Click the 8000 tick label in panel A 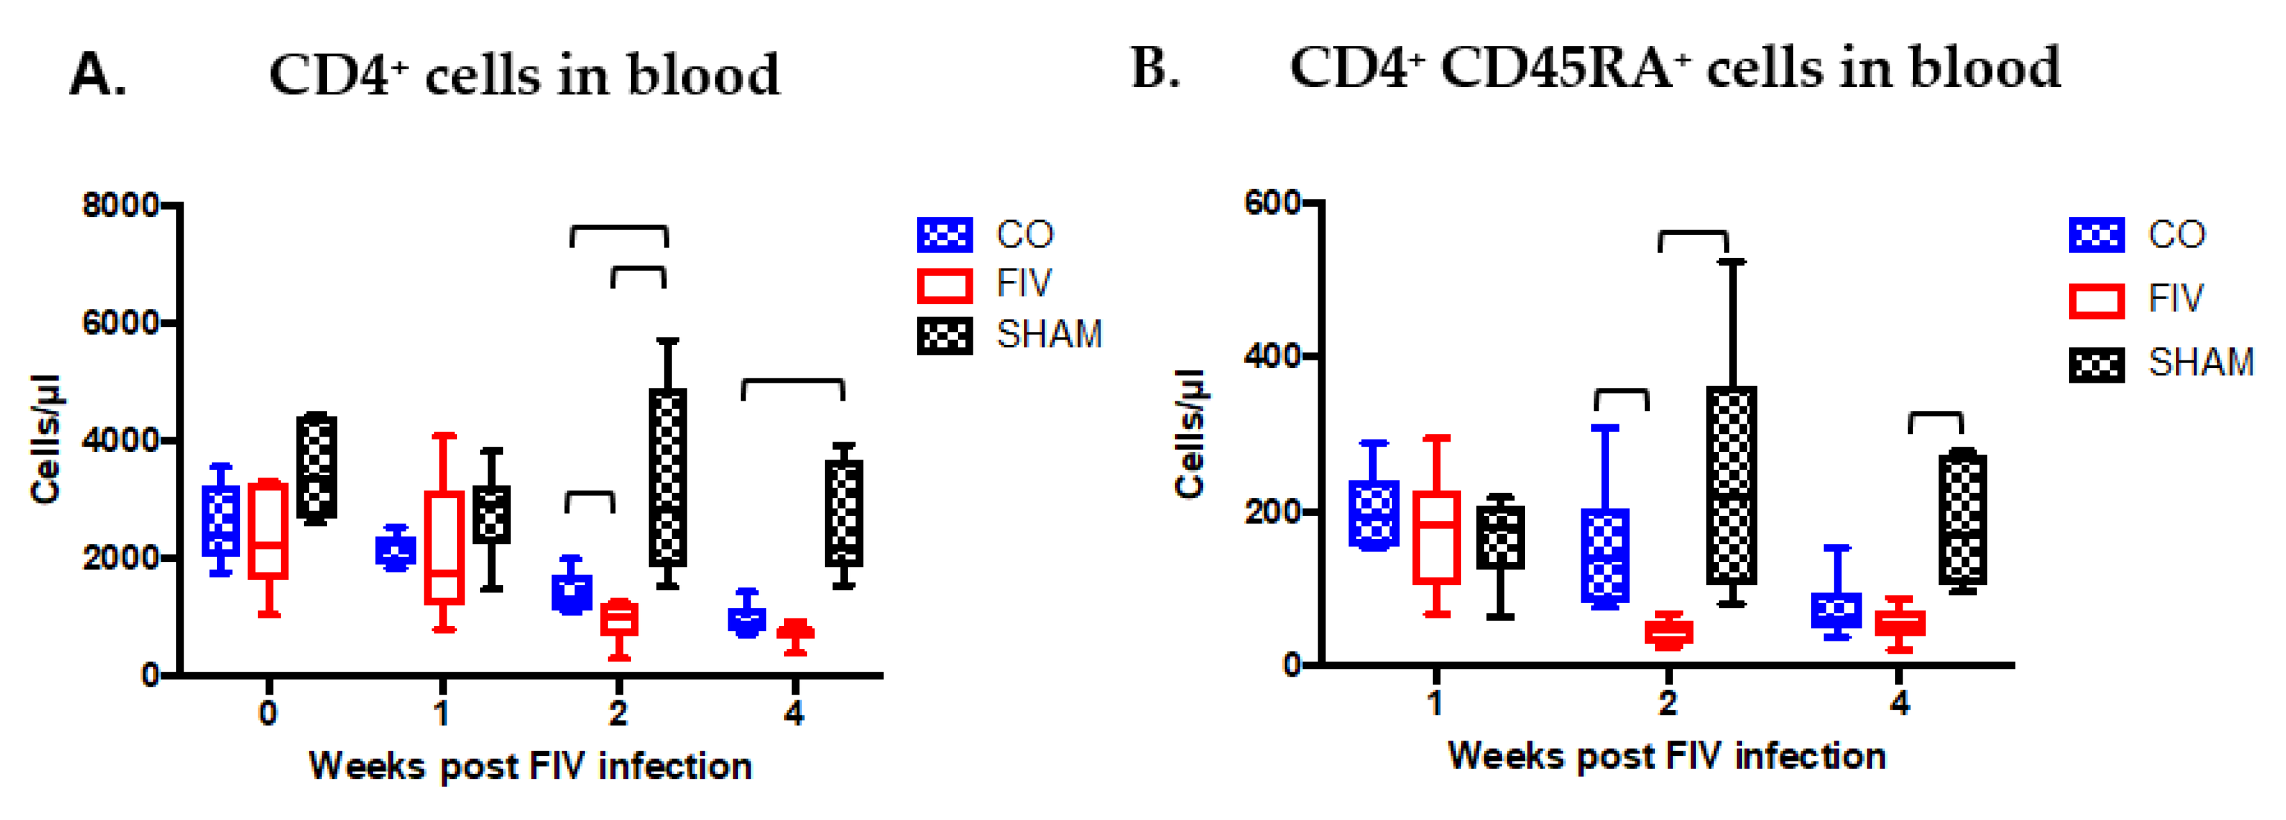point(120,205)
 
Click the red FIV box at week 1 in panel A point(444,548)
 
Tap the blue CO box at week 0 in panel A point(221,521)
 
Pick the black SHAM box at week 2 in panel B point(1731,486)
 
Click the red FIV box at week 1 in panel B point(1436,537)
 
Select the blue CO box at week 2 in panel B point(1605,556)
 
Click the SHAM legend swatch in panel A point(944,336)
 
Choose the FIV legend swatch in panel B point(2096,300)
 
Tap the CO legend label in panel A point(1025,235)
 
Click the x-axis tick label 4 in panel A point(793,711)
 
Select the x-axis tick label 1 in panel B point(1435,703)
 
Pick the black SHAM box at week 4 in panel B point(1962,519)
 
